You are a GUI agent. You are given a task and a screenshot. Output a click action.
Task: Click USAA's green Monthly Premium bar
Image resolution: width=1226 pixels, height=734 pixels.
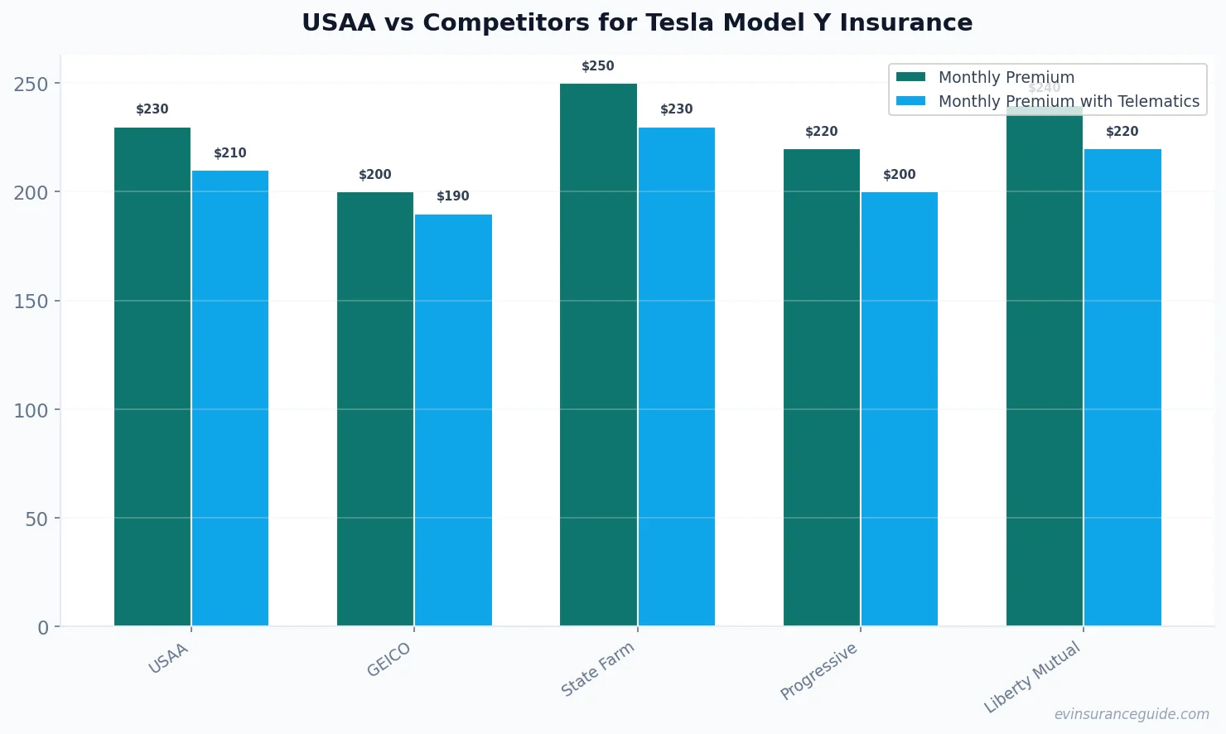pyautogui.click(x=152, y=377)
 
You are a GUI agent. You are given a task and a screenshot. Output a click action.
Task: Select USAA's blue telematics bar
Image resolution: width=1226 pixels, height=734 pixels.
pyautogui.click(x=230, y=398)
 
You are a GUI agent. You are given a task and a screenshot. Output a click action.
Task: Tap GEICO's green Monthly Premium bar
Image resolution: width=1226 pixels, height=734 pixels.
pyautogui.click(x=375, y=409)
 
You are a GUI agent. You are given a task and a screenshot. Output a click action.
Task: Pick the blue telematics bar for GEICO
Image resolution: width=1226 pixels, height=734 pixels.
pyautogui.click(x=453, y=420)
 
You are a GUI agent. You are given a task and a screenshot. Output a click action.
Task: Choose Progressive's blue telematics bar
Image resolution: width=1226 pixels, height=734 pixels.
pyautogui.click(x=900, y=409)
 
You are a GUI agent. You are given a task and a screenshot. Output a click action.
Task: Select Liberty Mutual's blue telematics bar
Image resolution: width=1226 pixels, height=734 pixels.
pyautogui.click(x=1122, y=388)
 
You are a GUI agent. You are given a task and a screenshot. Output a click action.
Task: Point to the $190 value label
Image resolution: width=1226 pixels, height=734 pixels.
pyautogui.click(x=453, y=196)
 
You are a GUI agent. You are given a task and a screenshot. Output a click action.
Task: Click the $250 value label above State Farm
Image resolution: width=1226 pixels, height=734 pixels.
pyautogui.click(x=598, y=66)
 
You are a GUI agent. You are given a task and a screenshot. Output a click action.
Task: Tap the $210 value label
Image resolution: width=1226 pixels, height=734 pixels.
pyautogui.click(x=230, y=153)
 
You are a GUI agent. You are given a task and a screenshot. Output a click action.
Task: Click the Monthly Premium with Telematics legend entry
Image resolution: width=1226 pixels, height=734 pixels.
pyautogui.click(x=1068, y=101)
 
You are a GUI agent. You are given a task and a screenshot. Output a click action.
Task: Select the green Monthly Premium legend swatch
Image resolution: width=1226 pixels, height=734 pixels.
pyautogui.click(x=910, y=77)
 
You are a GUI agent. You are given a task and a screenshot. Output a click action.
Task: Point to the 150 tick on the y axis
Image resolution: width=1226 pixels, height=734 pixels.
pyautogui.click(x=31, y=302)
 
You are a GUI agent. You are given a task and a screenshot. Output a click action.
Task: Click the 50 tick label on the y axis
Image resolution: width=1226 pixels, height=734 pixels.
pyautogui.click(x=36, y=519)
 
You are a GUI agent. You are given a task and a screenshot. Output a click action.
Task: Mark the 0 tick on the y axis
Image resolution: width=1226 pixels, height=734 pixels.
pyautogui.click(x=43, y=628)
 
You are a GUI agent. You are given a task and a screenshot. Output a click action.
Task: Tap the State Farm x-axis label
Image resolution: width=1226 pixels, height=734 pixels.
pyautogui.click(x=597, y=669)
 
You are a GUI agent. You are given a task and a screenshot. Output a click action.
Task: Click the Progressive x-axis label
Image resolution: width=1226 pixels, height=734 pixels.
pyautogui.click(x=818, y=672)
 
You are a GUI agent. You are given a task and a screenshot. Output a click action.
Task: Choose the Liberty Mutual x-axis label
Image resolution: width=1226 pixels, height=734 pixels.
pyautogui.click(x=1032, y=677)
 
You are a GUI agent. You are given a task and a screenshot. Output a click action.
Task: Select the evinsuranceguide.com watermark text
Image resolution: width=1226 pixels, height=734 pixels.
pyautogui.click(x=1132, y=714)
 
